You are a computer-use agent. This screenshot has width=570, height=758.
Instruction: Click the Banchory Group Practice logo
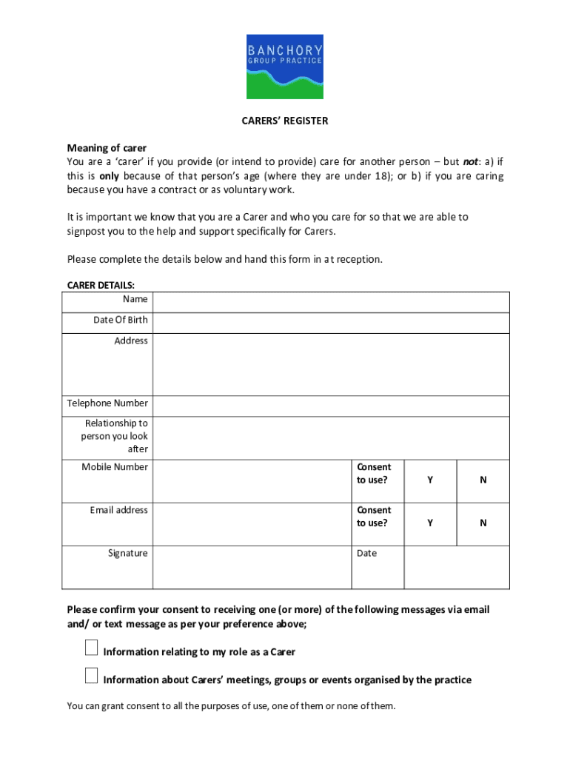285,66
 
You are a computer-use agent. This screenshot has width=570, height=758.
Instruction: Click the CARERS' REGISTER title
285,121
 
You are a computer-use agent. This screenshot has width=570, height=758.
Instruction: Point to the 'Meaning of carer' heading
107,148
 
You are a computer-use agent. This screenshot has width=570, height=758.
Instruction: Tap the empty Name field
331,302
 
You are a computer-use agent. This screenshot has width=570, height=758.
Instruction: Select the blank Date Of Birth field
331,323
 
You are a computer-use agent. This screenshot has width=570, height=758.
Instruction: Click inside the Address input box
331,364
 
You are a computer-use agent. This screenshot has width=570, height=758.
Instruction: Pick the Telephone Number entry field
331,406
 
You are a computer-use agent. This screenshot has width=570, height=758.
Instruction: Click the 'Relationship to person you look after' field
331,437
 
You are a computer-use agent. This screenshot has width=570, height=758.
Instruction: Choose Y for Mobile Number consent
430,480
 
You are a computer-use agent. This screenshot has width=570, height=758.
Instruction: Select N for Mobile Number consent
483,480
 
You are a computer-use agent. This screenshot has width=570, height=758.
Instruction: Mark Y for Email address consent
430,523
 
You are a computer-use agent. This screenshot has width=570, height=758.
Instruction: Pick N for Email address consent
483,523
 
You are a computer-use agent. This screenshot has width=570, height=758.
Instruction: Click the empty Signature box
252,567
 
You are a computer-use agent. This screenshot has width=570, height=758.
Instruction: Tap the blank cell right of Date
456,567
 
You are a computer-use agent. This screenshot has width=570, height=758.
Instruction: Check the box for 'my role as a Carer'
91,648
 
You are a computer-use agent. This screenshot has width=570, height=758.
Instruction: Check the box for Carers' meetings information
91,676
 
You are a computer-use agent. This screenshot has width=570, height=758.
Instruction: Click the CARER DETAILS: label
101,285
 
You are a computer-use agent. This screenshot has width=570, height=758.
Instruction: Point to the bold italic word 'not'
470,162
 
